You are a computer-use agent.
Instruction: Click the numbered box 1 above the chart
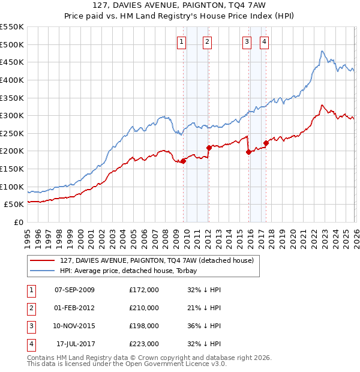pyautogui.click(x=181, y=41)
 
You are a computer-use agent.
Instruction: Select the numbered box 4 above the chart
pyautogui.click(x=264, y=41)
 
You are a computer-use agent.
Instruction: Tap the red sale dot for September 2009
pyautogui.click(x=183, y=160)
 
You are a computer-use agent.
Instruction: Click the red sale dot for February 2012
pyautogui.click(x=209, y=147)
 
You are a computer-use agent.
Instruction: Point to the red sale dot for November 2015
pyautogui.click(x=248, y=152)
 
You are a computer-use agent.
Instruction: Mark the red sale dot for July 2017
pyautogui.click(x=266, y=143)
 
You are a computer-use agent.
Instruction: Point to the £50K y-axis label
pyautogui.click(x=14, y=204)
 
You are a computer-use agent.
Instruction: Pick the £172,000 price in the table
pyautogui.click(x=144, y=290)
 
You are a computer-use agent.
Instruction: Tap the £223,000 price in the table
pyautogui.click(x=144, y=344)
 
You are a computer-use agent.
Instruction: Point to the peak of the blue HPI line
pyautogui.click(x=322, y=52)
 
